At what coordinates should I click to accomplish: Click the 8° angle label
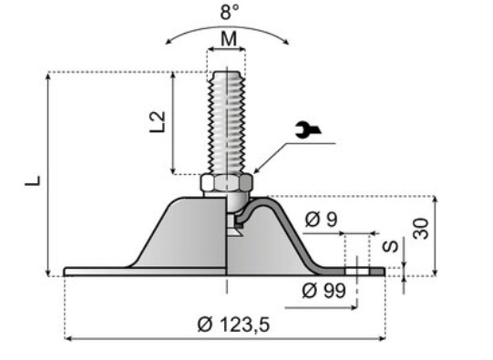point(230,12)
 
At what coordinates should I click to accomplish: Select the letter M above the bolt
point(229,39)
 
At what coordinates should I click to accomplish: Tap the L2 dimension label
point(158,122)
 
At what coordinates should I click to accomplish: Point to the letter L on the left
point(33,180)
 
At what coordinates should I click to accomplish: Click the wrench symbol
point(308,129)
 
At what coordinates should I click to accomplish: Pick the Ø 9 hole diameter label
point(321,219)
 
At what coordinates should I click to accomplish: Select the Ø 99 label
point(324,291)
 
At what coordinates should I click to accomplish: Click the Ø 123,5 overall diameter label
point(233,324)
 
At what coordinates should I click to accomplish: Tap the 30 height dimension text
point(421,229)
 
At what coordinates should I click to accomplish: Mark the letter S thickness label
point(390,246)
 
